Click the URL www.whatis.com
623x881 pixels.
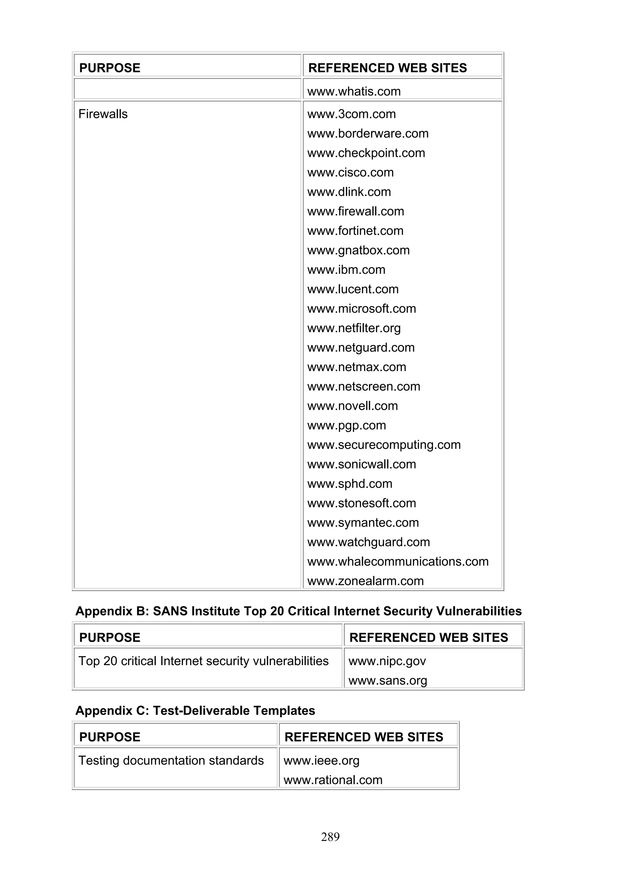[x=354, y=91]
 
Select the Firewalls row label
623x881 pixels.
[x=103, y=114]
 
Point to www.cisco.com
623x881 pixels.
[x=350, y=173]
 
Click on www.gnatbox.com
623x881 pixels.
[x=359, y=250]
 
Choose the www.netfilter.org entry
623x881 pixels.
[x=354, y=328]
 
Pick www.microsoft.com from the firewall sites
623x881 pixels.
[x=362, y=309]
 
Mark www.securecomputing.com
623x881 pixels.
[x=384, y=445]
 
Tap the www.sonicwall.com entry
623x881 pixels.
[x=362, y=464]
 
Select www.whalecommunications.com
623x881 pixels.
[x=398, y=562]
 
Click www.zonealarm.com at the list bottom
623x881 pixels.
[x=365, y=581]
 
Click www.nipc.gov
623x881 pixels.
[x=387, y=661]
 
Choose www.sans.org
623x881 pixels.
[x=388, y=681]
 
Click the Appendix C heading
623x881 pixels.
[x=195, y=711]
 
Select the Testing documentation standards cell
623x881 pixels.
[x=171, y=761]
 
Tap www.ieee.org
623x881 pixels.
[x=321, y=761]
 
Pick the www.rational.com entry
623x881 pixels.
[x=333, y=780]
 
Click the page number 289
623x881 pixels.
[x=330, y=837]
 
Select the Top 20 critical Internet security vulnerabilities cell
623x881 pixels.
[x=204, y=661]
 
